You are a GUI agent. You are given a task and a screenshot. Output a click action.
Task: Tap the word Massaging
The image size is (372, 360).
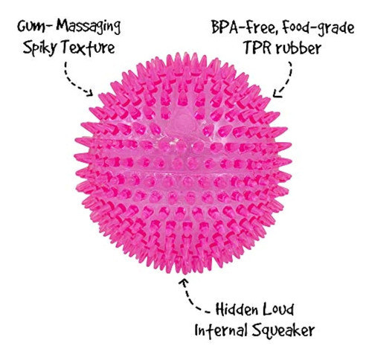pyautogui.click(x=89, y=27)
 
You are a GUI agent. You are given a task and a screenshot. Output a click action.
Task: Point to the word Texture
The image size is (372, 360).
pyautogui.click(x=89, y=47)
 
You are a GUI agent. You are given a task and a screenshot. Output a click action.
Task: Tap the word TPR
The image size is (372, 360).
pyautogui.click(x=257, y=48)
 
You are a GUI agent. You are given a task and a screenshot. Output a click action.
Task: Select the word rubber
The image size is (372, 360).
pyautogui.click(x=298, y=48)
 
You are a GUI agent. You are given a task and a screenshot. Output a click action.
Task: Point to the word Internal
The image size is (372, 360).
pyautogui.click(x=221, y=330)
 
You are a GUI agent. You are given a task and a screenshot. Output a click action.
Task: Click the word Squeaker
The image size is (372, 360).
pyautogui.click(x=283, y=331)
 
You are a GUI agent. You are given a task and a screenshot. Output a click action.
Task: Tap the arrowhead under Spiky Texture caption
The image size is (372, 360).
pyautogui.click(x=89, y=92)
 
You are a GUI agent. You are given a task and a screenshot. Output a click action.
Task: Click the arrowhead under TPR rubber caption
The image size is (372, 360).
pyautogui.click(x=277, y=93)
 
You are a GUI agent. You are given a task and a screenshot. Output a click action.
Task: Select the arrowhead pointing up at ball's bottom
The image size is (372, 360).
pyautogui.click(x=184, y=282)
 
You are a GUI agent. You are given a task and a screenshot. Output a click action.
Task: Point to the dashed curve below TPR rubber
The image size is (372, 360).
pyautogui.click(x=287, y=80)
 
